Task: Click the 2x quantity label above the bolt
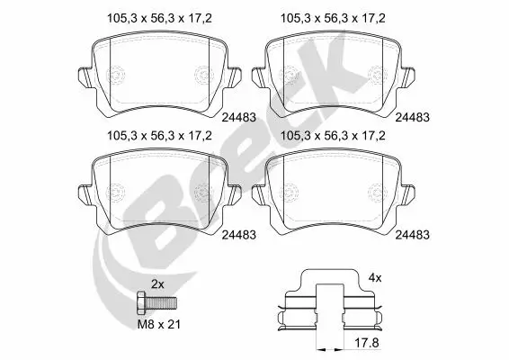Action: pos(157,283)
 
